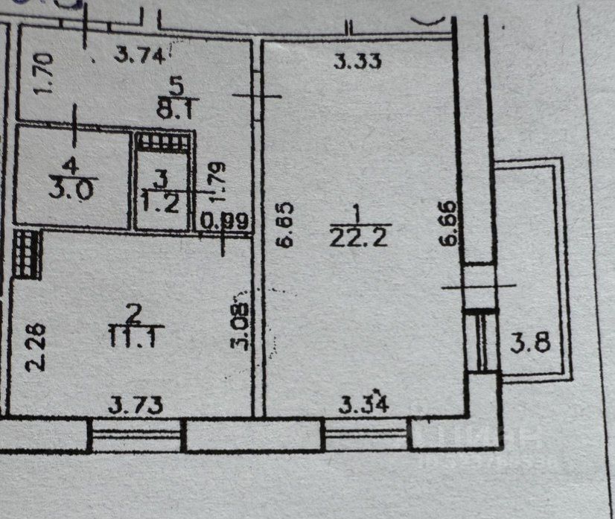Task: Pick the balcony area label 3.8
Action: (x=530, y=343)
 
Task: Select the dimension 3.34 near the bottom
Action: (x=364, y=406)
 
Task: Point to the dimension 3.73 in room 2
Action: (x=136, y=406)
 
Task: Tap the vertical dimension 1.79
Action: (x=217, y=183)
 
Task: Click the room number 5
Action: (x=174, y=83)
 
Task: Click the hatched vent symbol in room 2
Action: (x=27, y=254)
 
